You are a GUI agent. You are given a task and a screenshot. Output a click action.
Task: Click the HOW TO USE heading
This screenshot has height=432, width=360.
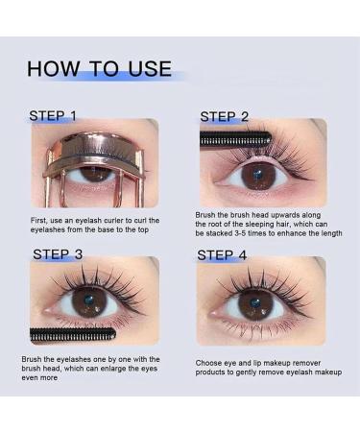click(99, 69)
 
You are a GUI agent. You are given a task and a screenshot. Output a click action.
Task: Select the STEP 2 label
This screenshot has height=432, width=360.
click(224, 117)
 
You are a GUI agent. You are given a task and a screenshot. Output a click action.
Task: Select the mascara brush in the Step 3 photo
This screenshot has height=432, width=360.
click(72, 336)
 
